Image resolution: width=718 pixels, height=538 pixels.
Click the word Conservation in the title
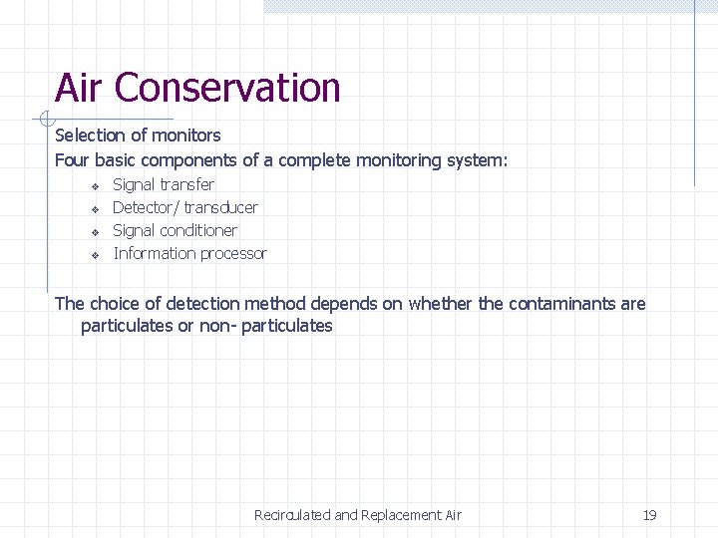(227, 88)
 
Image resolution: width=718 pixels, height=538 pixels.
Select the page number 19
(649, 515)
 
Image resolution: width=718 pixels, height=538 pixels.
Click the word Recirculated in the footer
(292, 515)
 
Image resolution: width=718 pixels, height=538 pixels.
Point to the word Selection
(90, 134)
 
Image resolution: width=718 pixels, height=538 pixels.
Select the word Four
(72, 160)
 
